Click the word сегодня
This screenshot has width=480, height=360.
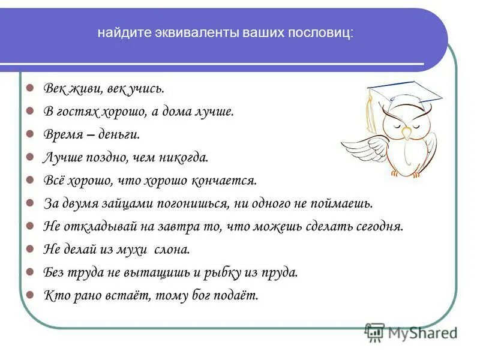pos(379,226)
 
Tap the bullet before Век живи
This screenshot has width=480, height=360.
pos(30,88)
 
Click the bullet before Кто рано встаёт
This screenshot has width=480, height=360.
pos(30,295)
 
